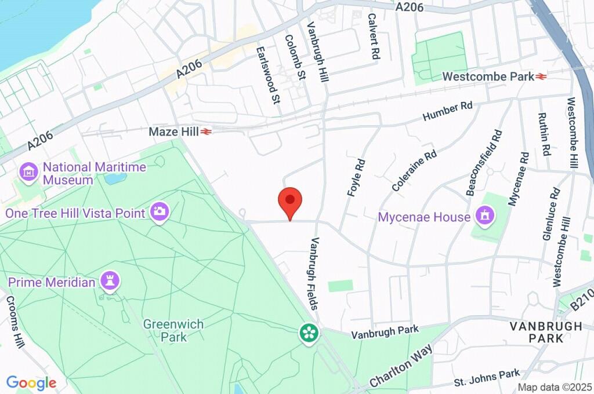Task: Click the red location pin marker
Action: click(291, 202)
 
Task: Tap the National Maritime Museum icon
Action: click(28, 172)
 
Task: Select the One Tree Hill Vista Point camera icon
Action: click(159, 211)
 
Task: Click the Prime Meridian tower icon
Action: click(110, 282)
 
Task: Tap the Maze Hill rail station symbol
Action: click(206, 132)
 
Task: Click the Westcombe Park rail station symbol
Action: click(542, 76)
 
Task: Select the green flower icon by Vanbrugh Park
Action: click(309, 333)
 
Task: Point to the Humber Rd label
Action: click(448, 111)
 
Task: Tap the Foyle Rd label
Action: click(355, 177)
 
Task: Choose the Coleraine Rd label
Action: click(414, 172)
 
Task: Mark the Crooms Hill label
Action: click(14, 326)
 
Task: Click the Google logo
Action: click(31, 382)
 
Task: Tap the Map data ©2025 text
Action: click(555, 387)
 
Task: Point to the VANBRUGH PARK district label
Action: click(546, 332)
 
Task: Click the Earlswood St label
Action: click(267, 75)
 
